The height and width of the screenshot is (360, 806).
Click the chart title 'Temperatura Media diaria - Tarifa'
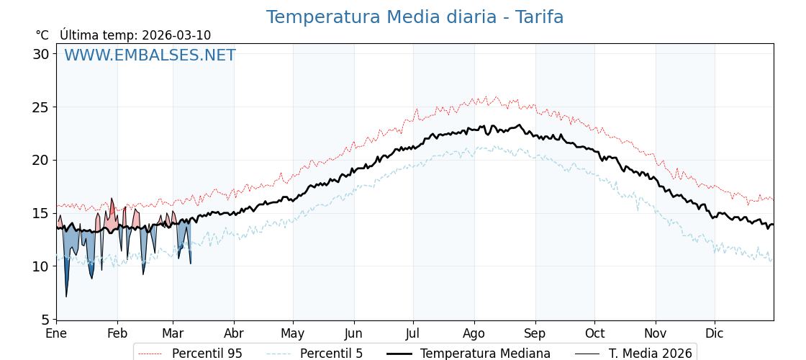415,17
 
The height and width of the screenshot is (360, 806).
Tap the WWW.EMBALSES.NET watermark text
150,55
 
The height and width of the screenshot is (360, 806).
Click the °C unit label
42,35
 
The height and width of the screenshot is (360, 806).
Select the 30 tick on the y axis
41,54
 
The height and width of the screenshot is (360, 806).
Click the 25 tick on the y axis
41,107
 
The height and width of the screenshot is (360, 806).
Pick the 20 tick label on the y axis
41,160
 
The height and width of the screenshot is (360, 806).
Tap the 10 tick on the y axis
41,266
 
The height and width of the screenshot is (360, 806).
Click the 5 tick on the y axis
45,319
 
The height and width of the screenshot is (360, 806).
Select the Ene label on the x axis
56,334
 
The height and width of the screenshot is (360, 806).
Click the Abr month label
234,334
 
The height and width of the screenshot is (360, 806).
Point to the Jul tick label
413,334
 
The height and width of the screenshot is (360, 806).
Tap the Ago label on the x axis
474,334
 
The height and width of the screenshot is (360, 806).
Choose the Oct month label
594,334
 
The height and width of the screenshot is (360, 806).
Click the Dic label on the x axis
715,334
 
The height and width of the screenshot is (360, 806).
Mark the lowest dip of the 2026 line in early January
66,296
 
